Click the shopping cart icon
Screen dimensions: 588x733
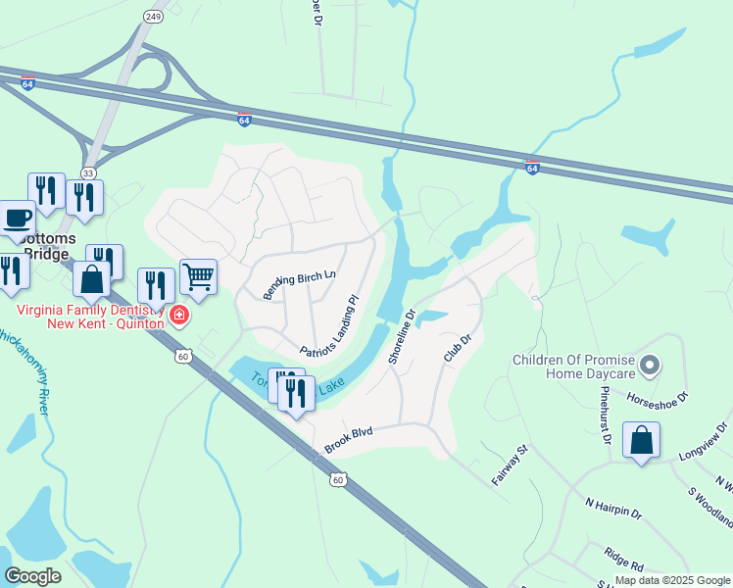[198, 277]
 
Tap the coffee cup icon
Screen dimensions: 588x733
[17, 217]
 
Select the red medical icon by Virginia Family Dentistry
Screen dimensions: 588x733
[179, 315]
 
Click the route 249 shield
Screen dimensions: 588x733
[152, 17]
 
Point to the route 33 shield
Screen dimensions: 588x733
[88, 172]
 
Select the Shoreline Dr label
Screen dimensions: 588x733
[402, 337]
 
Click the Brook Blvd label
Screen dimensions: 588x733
[351, 437]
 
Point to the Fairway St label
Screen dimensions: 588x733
[509, 465]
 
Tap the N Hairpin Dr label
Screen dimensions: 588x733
[613, 507]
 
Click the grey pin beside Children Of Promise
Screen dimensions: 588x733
[649, 367]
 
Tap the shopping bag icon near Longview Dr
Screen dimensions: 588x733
[641, 440]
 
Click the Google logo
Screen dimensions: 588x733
[32, 576]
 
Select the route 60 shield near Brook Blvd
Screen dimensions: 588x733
[338, 479]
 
